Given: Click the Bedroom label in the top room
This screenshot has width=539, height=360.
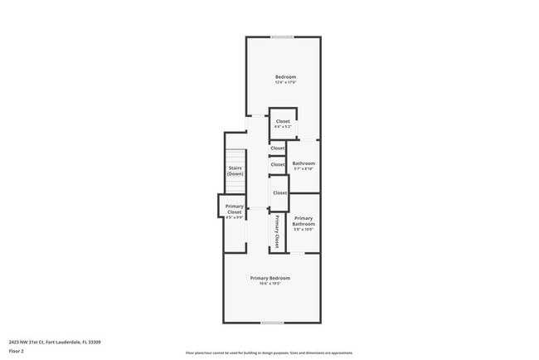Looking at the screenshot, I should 285,77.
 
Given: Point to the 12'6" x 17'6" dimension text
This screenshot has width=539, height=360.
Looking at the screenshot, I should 285,83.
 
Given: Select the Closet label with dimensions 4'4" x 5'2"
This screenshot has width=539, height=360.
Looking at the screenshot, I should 283,121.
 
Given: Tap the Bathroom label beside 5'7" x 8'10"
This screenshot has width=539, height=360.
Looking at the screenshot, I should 303,163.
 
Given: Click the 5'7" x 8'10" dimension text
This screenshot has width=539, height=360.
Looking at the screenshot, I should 303,169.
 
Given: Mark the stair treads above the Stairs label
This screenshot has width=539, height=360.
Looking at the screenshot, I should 236,157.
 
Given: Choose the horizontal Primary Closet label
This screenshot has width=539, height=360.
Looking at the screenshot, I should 235,208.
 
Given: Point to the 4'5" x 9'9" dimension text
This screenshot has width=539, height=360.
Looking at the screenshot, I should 235,218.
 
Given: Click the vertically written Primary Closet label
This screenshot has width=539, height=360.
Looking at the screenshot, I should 277,232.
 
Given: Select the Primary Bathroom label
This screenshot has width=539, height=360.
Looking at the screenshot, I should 303,221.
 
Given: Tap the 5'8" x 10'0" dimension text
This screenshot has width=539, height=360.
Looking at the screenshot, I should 303,230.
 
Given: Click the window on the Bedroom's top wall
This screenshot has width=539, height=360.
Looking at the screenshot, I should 282,36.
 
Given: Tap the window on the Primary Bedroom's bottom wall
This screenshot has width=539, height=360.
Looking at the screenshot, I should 272,323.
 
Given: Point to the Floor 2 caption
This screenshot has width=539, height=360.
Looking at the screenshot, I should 17,351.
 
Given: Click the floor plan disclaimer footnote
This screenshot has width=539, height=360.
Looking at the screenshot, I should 269,353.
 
